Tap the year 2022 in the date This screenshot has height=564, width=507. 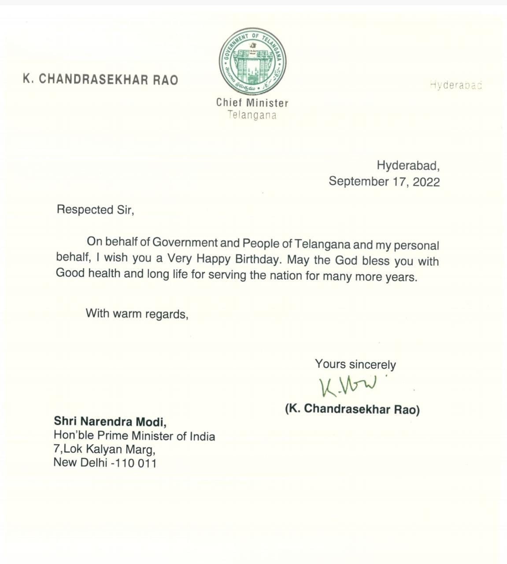tap(426, 182)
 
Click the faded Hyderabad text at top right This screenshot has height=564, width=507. tap(456, 85)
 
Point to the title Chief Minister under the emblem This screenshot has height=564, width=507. tap(252, 103)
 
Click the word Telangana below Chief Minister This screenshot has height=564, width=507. tap(252, 115)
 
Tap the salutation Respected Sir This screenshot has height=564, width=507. tap(95, 210)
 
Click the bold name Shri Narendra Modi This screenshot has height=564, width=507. tap(110, 422)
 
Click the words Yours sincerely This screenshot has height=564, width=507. tap(355, 364)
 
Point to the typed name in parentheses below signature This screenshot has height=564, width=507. tap(352, 409)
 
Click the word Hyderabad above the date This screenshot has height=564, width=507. tap(408, 166)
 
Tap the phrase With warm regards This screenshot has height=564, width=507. tap(137, 314)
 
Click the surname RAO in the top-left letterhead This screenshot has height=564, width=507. tap(165, 80)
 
